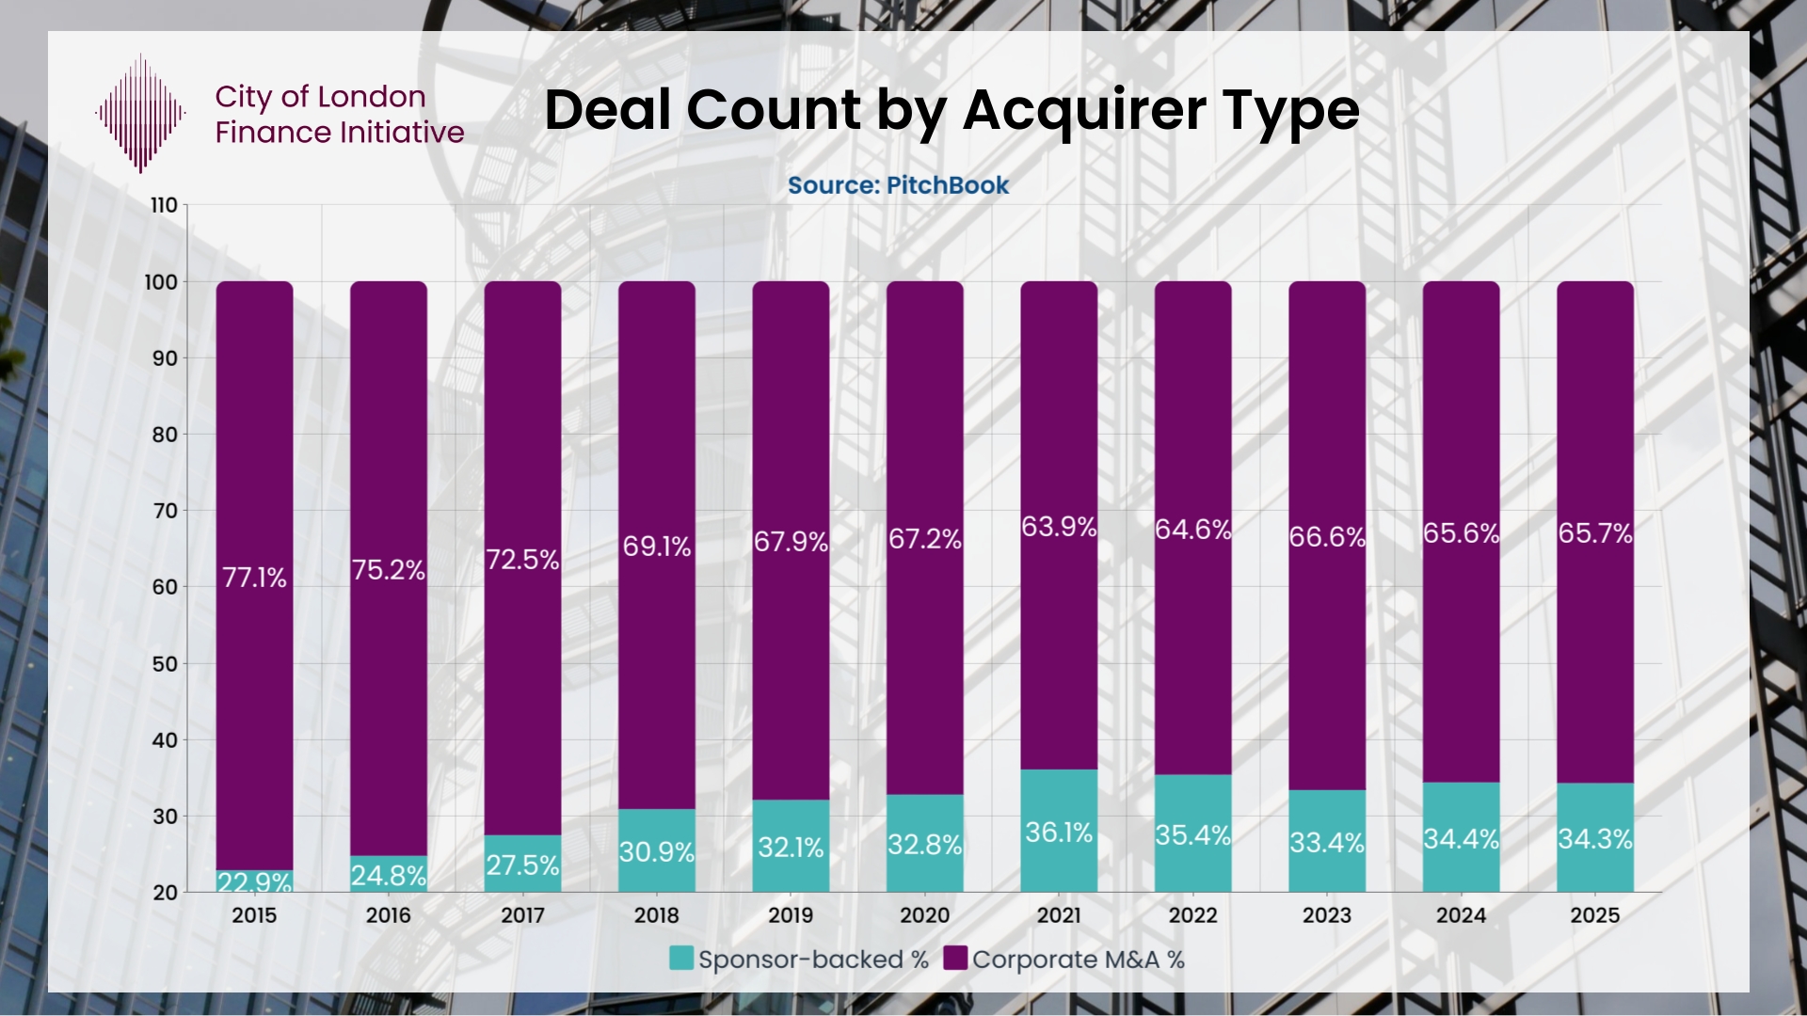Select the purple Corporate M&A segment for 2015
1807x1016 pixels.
click(254, 423)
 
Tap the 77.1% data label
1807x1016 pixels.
click(254, 578)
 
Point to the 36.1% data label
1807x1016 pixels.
click(1059, 833)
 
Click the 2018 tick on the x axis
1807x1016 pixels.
click(656, 915)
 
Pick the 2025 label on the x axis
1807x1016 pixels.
click(1594, 915)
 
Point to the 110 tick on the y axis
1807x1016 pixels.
click(164, 205)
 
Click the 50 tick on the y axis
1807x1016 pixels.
click(164, 664)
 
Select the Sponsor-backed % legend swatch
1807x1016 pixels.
click(681, 959)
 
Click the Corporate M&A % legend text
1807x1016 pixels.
click(1078, 960)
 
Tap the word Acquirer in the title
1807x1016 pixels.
click(1084, 110)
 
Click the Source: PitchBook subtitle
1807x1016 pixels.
click(898, 185)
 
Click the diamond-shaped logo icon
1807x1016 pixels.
click(140, 114)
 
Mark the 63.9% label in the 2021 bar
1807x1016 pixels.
click(1059, 527)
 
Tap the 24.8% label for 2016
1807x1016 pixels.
click(388, 876)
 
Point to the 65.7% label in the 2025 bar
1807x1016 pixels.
click(1594, 533)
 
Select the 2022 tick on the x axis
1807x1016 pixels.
click(1192, 915)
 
